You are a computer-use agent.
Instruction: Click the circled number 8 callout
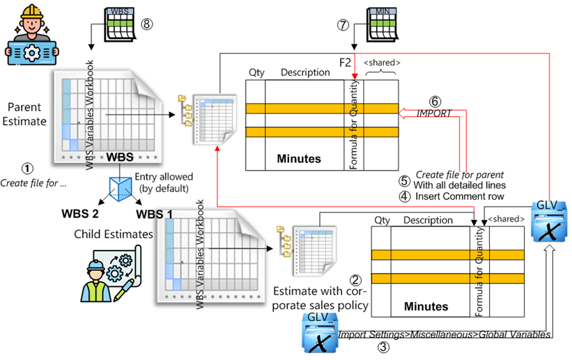(147, 23)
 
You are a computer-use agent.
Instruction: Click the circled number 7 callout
(343, 25)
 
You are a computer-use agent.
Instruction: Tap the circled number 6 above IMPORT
(435, 101)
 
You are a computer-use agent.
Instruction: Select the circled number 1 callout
(27, 169)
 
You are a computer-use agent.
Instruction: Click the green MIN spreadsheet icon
(381, 24)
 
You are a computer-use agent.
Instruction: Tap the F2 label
(345, 63)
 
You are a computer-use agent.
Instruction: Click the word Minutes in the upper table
(294, 159)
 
